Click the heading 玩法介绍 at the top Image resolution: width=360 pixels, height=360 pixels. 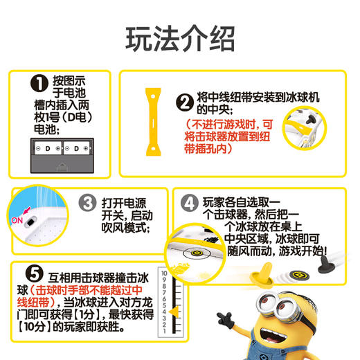click(179, 40)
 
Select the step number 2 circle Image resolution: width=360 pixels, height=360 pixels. click(183, 102)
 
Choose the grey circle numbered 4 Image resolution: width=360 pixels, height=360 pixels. click(188, 204)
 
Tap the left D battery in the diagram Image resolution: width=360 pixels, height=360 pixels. click(48, 148)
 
